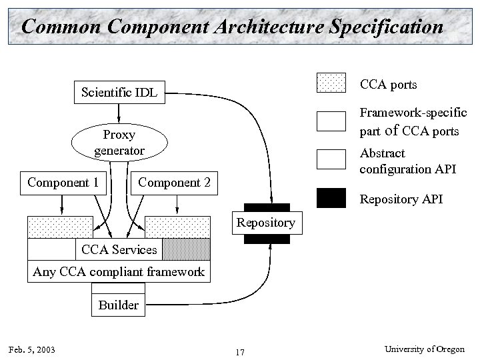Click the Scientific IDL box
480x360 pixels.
[119, 92]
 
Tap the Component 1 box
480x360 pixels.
[63, 182]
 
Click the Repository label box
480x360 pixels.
[265, 223]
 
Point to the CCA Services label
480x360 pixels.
[119, 250]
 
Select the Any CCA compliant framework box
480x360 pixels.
[119, 271]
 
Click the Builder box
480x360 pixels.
[118, 305]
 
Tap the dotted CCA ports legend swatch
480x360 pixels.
[331, 83]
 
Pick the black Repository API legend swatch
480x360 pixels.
[331, 198]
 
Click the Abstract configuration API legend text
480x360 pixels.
[407, 161]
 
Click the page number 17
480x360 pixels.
[240, 351]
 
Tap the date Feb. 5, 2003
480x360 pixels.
[32, 350]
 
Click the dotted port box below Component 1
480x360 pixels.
[59, 227]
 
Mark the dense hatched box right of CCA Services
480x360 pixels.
[187, 249]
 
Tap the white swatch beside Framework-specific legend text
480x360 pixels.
[331, 121]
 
